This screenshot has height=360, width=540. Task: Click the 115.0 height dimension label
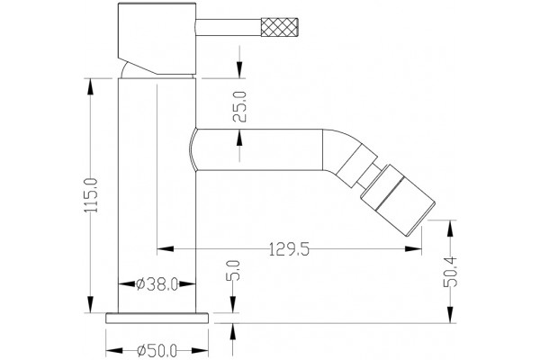coord(91,195)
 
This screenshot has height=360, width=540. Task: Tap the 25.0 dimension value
coord(239,106)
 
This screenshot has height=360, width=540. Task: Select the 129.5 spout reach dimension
coord(289,249)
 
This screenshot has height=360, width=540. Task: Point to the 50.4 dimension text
coord(450,272)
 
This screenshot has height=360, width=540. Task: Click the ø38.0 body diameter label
coord(157,284)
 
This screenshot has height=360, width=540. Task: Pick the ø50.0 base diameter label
coord(157,351)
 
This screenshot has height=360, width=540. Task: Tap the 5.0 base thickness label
coord(233,271)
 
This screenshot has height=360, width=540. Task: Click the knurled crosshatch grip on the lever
coord(279,26)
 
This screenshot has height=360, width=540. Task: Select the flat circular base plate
coord(157,319)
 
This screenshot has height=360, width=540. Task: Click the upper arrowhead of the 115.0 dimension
coord(91,86)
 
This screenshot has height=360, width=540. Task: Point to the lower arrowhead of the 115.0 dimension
coord(91,305)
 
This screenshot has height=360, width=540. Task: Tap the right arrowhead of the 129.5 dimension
coord(413,248)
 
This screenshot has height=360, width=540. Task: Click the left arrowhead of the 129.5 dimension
coord(166,248)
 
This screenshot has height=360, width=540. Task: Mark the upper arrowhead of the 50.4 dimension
coord(450,228)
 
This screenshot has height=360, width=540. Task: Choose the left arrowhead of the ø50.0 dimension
coord(114,351)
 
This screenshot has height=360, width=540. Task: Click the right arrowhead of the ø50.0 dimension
coord(200,351)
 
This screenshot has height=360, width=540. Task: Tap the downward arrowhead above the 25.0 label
coord(239,70)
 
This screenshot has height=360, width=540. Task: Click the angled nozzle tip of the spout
coord(398,201)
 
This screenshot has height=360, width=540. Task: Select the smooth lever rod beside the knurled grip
coord(229,26)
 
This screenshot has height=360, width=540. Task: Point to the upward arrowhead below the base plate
coord(233,332)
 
